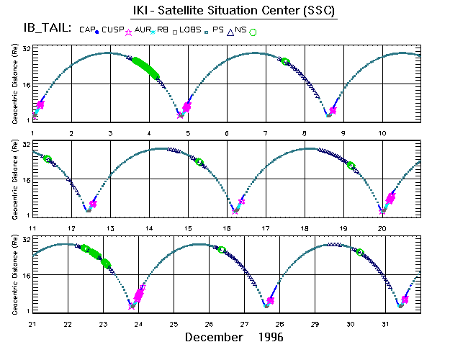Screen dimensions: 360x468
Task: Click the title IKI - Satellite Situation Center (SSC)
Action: click(x=235, y=11)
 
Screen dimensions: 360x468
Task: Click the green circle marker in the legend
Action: click(x=253, y=32)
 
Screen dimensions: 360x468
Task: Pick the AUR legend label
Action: click(x=143, y=30)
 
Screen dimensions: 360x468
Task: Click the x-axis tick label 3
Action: click(x=110, y=133)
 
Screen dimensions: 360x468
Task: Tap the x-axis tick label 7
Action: click(x=266, y=133)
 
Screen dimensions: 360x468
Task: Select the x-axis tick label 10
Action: click(x=382, y=133)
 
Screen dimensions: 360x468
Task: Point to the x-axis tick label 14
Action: click(x=149, y=228)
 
